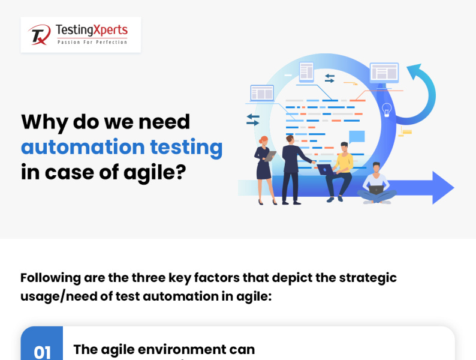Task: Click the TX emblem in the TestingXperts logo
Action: (40, 35)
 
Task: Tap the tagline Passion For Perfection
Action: (92, 42)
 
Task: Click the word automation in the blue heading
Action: (83, 147)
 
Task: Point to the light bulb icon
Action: (387, 110)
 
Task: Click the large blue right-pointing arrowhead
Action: (443, 187)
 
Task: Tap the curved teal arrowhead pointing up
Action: (414, 71)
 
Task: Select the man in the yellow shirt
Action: (339, 172)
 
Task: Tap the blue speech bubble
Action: (357, 137)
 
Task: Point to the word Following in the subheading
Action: (51, 278)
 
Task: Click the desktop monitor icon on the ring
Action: (384, 74)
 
